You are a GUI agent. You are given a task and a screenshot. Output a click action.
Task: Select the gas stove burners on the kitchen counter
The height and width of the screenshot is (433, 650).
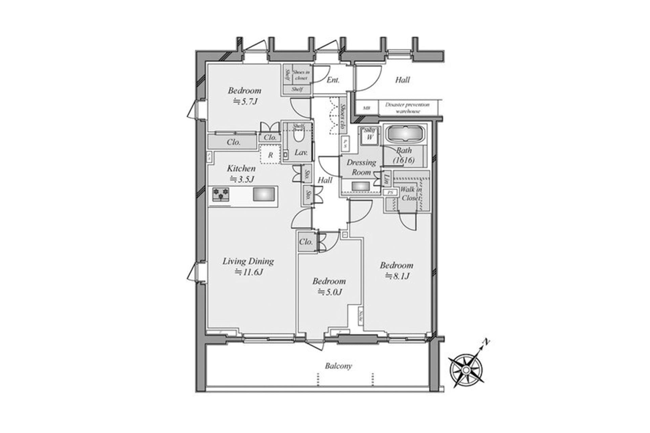click(221, 195)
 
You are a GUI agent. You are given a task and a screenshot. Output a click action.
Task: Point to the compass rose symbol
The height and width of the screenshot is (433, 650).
click(466, 370)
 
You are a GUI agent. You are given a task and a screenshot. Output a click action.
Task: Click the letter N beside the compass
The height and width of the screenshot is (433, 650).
click(486, 342)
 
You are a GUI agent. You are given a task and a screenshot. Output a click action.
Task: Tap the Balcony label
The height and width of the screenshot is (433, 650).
click(338, 366)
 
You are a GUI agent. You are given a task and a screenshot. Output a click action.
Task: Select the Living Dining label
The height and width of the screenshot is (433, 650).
click(248, 261)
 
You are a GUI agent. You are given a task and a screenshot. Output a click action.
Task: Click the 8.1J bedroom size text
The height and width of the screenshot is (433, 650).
click(397, 276)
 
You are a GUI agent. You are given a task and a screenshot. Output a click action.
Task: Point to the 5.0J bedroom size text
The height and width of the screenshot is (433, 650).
click(329, 292)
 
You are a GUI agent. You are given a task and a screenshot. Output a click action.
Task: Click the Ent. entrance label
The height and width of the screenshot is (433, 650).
click(333, 80)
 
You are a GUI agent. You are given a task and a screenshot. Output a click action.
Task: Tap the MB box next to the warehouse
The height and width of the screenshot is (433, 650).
click(366, 108)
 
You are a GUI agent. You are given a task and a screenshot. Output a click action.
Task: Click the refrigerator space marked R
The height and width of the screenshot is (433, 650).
click(270, 155)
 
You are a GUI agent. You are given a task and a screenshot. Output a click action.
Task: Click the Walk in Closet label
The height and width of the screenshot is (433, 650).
click(411, 194)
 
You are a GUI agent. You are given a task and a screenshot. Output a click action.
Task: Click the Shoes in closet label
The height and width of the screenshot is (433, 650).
click(301, 75)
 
